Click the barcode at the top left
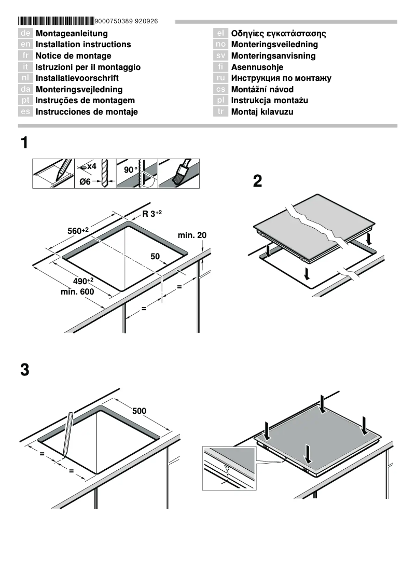(x=56, y=21)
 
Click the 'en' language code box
(x=25, y=45)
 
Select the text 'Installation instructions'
(x=83, y=45)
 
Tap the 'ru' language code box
(x=220, y=78)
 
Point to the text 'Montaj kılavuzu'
(x=262, y=111)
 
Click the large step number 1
(x=24, y=143)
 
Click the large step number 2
(x=257, y=181)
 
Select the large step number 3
(x=24, y=370)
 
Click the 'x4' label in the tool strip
(x=91, y=166)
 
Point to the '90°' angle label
(x=131, y=170)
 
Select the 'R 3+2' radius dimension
(x=152, y=214)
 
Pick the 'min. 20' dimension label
(x=192, y=235)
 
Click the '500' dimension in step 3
(x=139, y=411)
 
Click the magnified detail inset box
(x=229, y=467)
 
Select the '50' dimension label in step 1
(x=155, y=256)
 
